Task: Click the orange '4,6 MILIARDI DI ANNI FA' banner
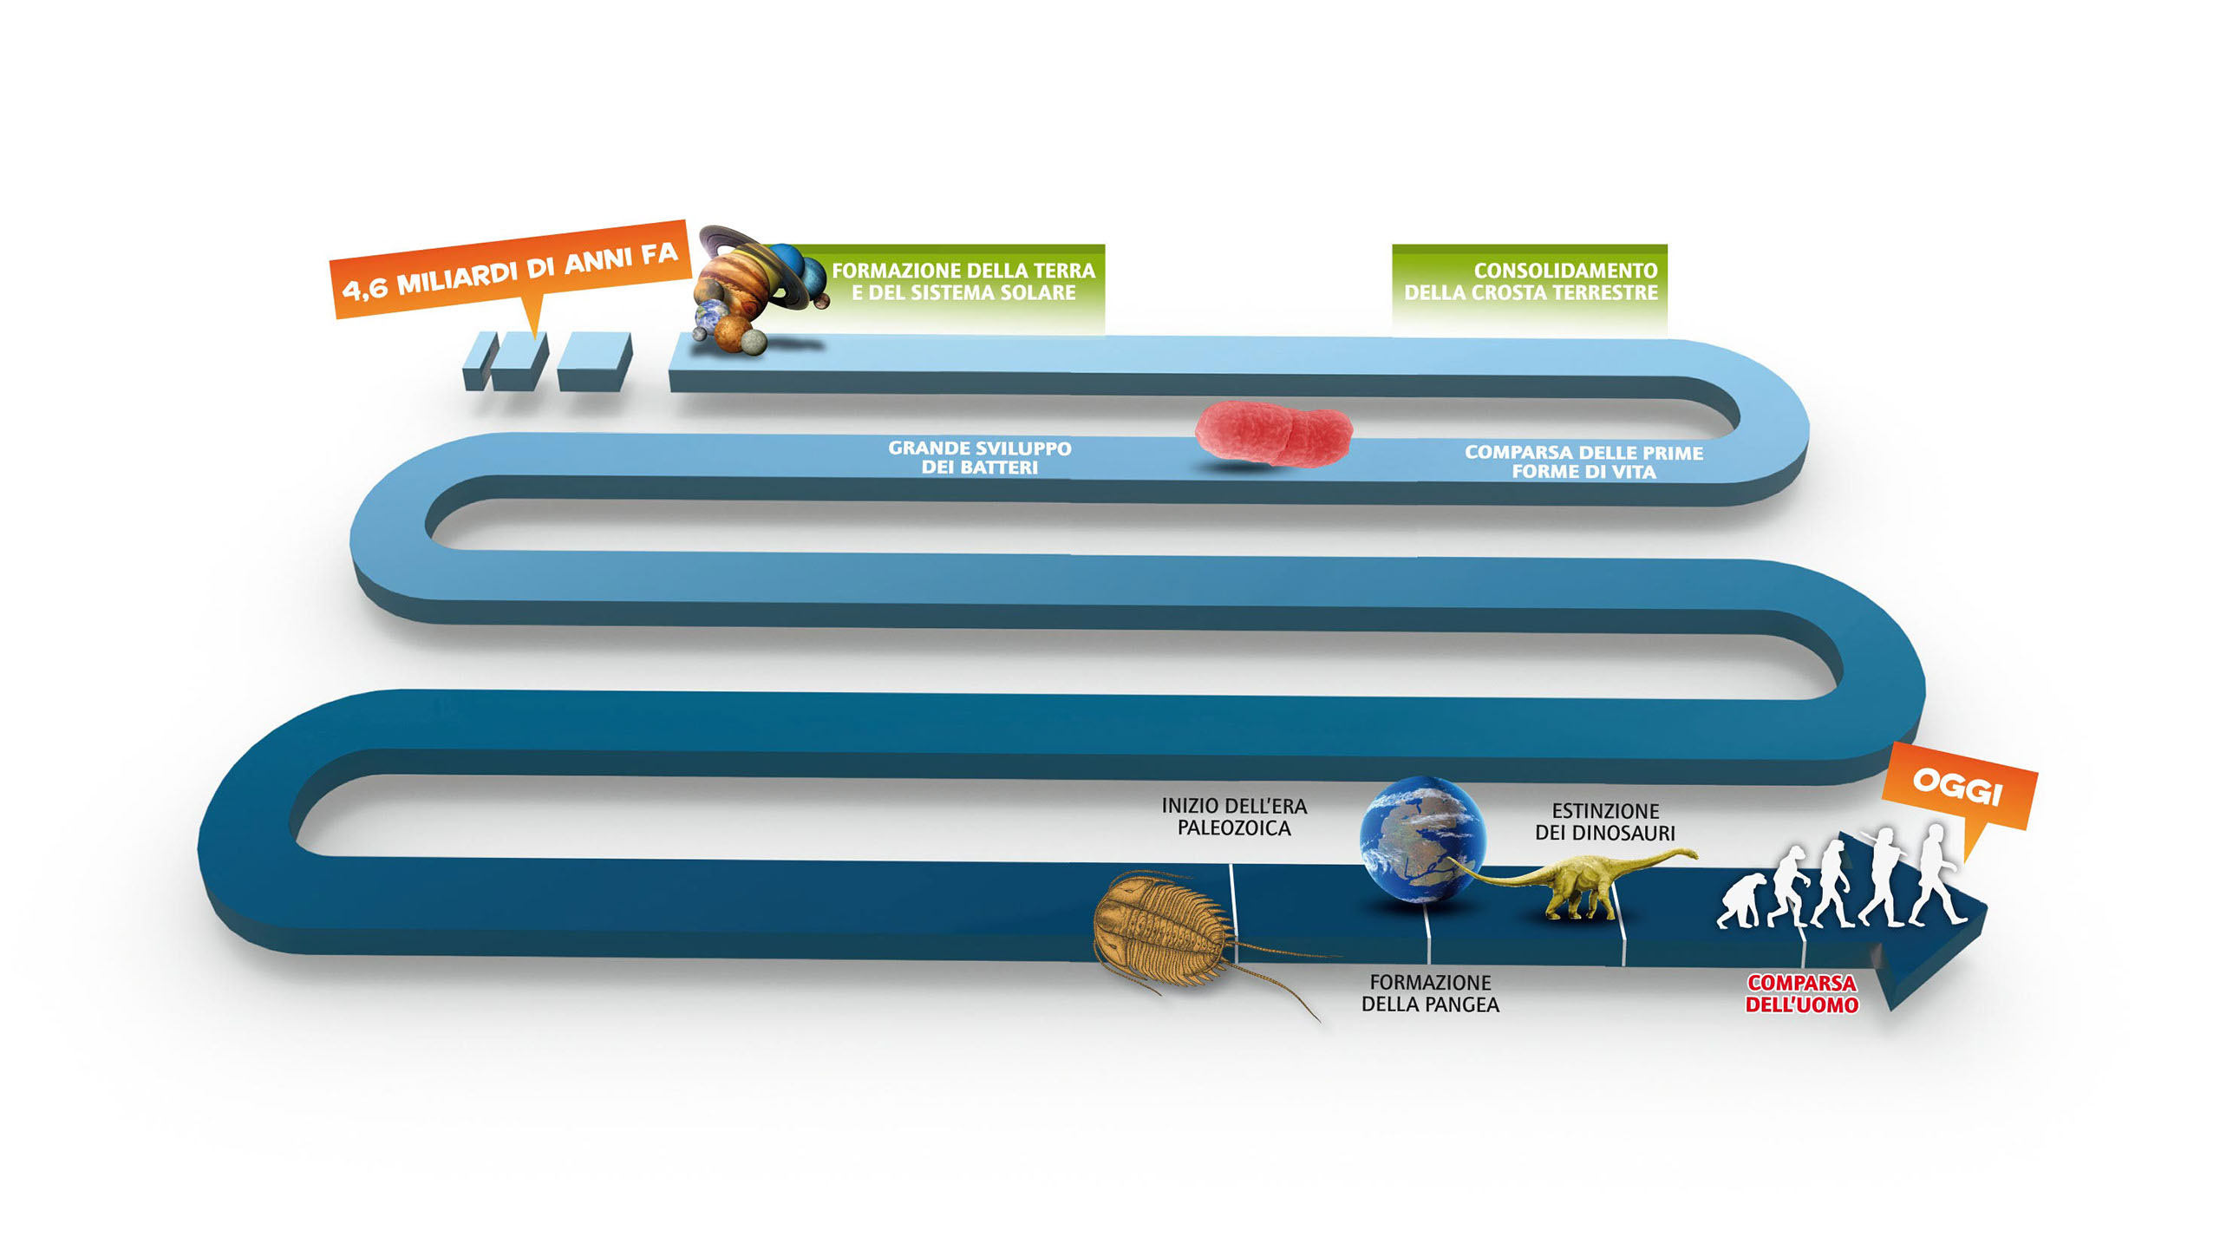510,271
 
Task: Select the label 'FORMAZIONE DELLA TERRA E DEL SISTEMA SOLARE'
963,281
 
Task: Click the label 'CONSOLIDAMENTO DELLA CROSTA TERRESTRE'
1531,281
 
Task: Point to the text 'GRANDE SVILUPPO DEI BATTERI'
979,457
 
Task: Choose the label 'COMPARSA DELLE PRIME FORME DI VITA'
1583,461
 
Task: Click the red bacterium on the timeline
1273,434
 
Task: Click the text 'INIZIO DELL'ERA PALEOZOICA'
1233,817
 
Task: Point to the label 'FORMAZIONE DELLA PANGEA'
1430,993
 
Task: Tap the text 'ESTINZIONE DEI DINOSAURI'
1605,821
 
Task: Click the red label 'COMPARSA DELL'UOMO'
1801,994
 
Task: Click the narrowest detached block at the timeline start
479,361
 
